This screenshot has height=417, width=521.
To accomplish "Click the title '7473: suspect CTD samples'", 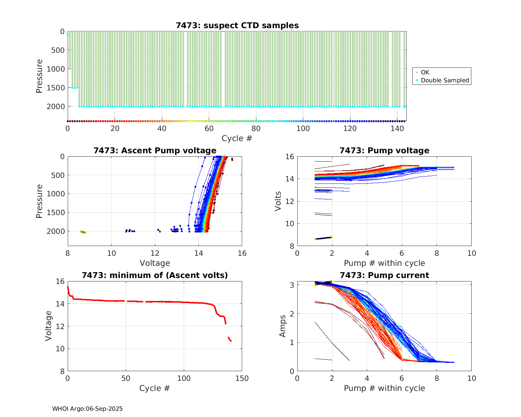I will click(x=237, y=25).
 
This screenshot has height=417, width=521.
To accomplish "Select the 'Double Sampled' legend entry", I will click(x=445, y=80).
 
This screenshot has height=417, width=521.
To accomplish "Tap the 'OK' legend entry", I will click(x=425, y=72).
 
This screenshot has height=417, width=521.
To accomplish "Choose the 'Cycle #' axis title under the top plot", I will click(x=237, y=138).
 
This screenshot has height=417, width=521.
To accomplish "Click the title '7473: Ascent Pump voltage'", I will click(x=155, y=150).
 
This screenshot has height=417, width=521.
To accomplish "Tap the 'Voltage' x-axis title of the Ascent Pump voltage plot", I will click(x=155, y=263).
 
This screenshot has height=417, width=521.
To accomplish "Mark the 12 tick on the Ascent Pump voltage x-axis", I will click(x=155, y=253).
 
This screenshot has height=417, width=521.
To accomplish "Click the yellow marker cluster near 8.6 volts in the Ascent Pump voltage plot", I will click(x=82, y=232).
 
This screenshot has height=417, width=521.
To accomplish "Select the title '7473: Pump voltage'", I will click(x=384, y=150).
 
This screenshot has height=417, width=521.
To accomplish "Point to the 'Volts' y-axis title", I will click(x=278, y=201).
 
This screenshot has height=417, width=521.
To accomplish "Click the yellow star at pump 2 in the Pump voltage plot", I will click(x=332, y=237).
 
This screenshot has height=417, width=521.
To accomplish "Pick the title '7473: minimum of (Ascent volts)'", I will click(x=155, y=275).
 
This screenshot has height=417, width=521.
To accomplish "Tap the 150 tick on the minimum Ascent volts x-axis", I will click(x=242, y=378).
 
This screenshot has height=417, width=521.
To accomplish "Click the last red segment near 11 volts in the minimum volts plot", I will click(x=230, y=339).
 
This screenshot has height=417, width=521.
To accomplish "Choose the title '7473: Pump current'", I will click(x=384, y=275).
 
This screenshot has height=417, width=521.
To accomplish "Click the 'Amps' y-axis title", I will click(x=283, y=326).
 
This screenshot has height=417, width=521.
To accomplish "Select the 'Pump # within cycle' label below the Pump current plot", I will click(x=384, y=388).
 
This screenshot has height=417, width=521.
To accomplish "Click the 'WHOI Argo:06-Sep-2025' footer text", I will click(x=88, y=409).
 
